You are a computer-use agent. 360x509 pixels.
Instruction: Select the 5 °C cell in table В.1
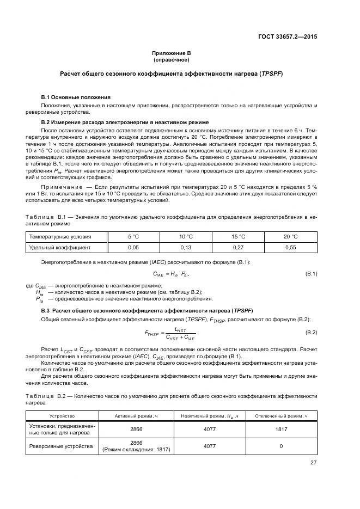pos(133,237)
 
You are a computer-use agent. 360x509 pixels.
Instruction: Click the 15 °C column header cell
pos(238,237)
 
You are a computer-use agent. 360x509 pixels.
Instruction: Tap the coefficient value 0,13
pos(186,247)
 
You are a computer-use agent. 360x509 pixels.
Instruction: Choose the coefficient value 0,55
pos(290,247)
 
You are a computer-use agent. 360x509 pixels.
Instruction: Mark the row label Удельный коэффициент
pos(60,247)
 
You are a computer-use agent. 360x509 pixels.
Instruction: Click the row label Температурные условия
pos(60,237)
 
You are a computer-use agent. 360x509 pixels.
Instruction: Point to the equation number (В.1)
pos(310,273)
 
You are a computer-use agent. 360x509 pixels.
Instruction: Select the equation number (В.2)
pos(310,332)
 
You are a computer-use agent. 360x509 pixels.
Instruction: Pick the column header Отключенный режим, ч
pos(282,416)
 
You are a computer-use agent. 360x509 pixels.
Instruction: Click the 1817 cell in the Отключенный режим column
pos(282,430)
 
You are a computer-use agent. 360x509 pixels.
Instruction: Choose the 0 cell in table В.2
pos(282,446)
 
